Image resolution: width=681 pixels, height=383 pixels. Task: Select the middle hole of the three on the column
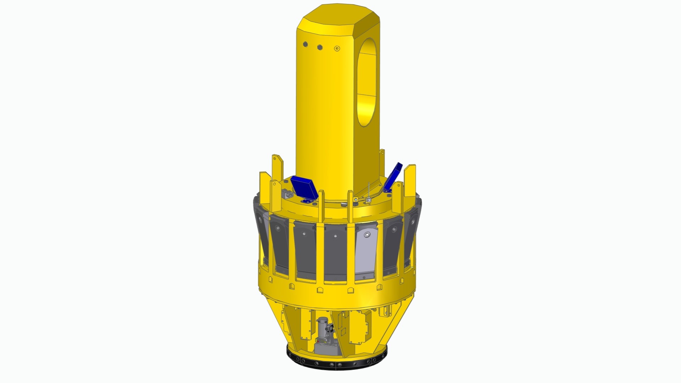[320, 47]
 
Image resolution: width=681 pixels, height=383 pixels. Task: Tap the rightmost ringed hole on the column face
[337, 48]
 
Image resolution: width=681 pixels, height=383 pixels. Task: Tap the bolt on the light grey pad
[367, 234]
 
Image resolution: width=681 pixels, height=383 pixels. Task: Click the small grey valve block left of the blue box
[288, 195]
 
